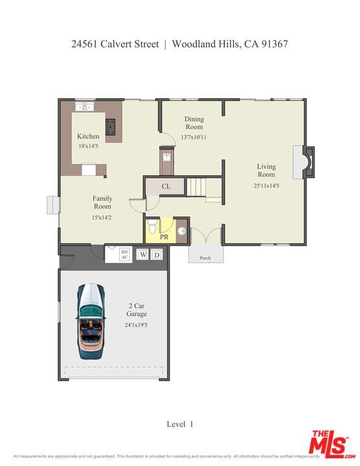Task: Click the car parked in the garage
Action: coord(91,321)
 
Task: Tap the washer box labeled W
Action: coord(142,255)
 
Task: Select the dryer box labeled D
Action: coord(156,255)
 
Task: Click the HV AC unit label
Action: coord(124,254)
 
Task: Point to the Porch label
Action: coord(205,258)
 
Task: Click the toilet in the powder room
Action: coord(152,227)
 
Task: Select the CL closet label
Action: coord(166,186)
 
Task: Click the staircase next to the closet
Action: coord(204,186)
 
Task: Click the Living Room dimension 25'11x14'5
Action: coord(265,185)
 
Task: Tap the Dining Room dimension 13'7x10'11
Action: coord(194,137)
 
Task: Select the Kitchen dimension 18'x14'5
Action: coord(88,146)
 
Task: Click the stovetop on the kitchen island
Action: coord(111,126)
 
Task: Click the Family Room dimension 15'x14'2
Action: coord(102,217)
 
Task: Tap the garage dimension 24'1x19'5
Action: coord(136,326)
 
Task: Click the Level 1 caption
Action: coord(180,424)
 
